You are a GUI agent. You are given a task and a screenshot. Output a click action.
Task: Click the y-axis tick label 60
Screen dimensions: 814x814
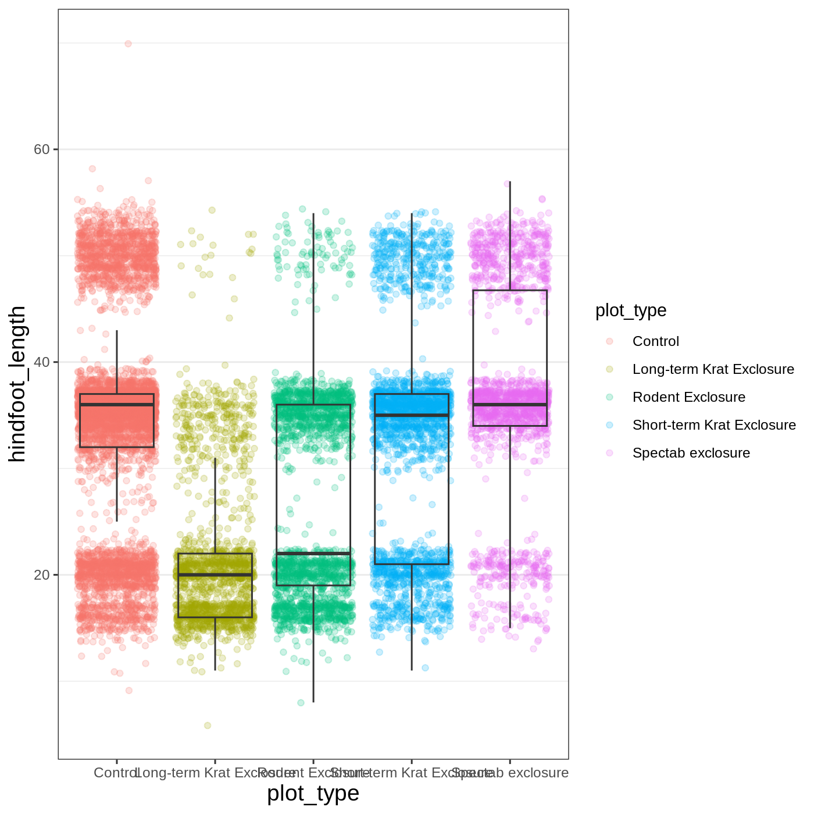pyautogui.click(x=42, y=149)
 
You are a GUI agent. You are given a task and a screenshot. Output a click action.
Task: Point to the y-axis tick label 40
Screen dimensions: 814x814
pyautogui.click(x=42, y=362)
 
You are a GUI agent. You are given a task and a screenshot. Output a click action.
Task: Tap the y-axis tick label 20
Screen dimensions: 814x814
pyautogui.click(x=42, y=575)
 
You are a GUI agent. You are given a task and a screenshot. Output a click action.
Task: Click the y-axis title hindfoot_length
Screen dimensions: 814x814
pyautogui.click(x=17, y=384)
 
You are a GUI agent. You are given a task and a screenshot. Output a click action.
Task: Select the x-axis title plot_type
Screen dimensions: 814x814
pyautogui.click(x=313, y=793)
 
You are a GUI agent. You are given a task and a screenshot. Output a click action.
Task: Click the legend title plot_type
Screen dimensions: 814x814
pyautogui.click(x=631, y=310)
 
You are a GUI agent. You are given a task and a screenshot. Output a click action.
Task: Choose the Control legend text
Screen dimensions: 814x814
pyautogui.click(x=655, y=341)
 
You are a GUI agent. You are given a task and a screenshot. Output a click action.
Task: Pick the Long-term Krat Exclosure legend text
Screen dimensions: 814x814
pyautogui.click(x=713, y=369)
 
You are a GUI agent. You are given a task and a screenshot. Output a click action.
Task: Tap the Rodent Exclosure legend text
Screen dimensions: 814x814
pyautogui.click(x=688, y=397)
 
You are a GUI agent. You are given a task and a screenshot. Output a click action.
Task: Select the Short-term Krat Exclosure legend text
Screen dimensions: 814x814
pyautogui.click(x=714, y=425)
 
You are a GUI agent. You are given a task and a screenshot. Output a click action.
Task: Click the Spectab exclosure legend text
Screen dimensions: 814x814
pyautogui.click(x=691, y=453)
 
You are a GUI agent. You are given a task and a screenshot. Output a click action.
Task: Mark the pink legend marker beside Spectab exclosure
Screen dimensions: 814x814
pyautogui.click(x=609, y=453)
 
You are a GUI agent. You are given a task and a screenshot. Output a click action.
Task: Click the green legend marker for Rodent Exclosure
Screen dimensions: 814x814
pyautogui.click(x=609, y=397)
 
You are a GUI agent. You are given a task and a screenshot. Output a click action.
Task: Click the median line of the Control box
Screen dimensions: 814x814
pyautogui.click(x=117, y=405)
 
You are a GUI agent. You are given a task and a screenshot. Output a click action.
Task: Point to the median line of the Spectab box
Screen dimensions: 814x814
pyautogui.click(x=510, y=405)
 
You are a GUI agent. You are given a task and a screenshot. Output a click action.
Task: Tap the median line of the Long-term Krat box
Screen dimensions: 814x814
pyautogui.click(x=215, y=574)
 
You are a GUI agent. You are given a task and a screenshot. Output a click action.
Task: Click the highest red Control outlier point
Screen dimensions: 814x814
pyautogui.click(x=128, y=44)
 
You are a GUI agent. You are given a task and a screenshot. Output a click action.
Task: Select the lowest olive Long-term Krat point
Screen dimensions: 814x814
pyautogui.click(x=208, y=725)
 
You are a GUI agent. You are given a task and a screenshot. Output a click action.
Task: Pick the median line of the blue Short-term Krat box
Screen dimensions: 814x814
pyautogui.click(x=412, y=415)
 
